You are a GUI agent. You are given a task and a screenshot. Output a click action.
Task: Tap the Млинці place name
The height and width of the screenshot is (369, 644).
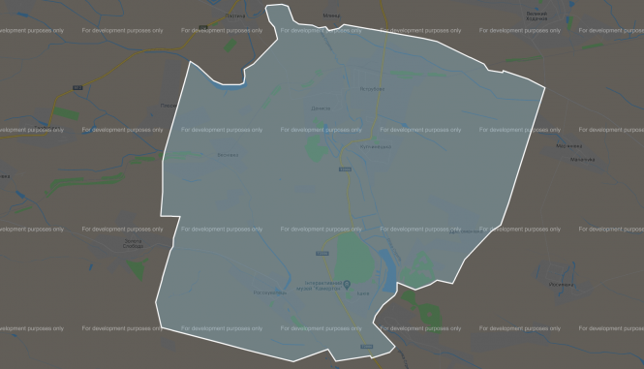coord(330,15)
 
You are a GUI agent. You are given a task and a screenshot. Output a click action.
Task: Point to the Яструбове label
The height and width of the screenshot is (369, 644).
coord(373,89)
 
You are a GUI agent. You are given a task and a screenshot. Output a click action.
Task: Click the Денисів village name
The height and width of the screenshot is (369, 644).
coord(322,108)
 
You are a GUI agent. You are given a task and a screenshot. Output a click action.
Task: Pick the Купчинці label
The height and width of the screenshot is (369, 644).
coord(374,145)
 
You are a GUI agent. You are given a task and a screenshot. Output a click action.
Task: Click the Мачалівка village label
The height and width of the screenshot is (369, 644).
coord(583,160)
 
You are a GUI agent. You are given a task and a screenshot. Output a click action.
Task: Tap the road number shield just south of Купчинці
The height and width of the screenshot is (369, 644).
coord(346,170)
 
